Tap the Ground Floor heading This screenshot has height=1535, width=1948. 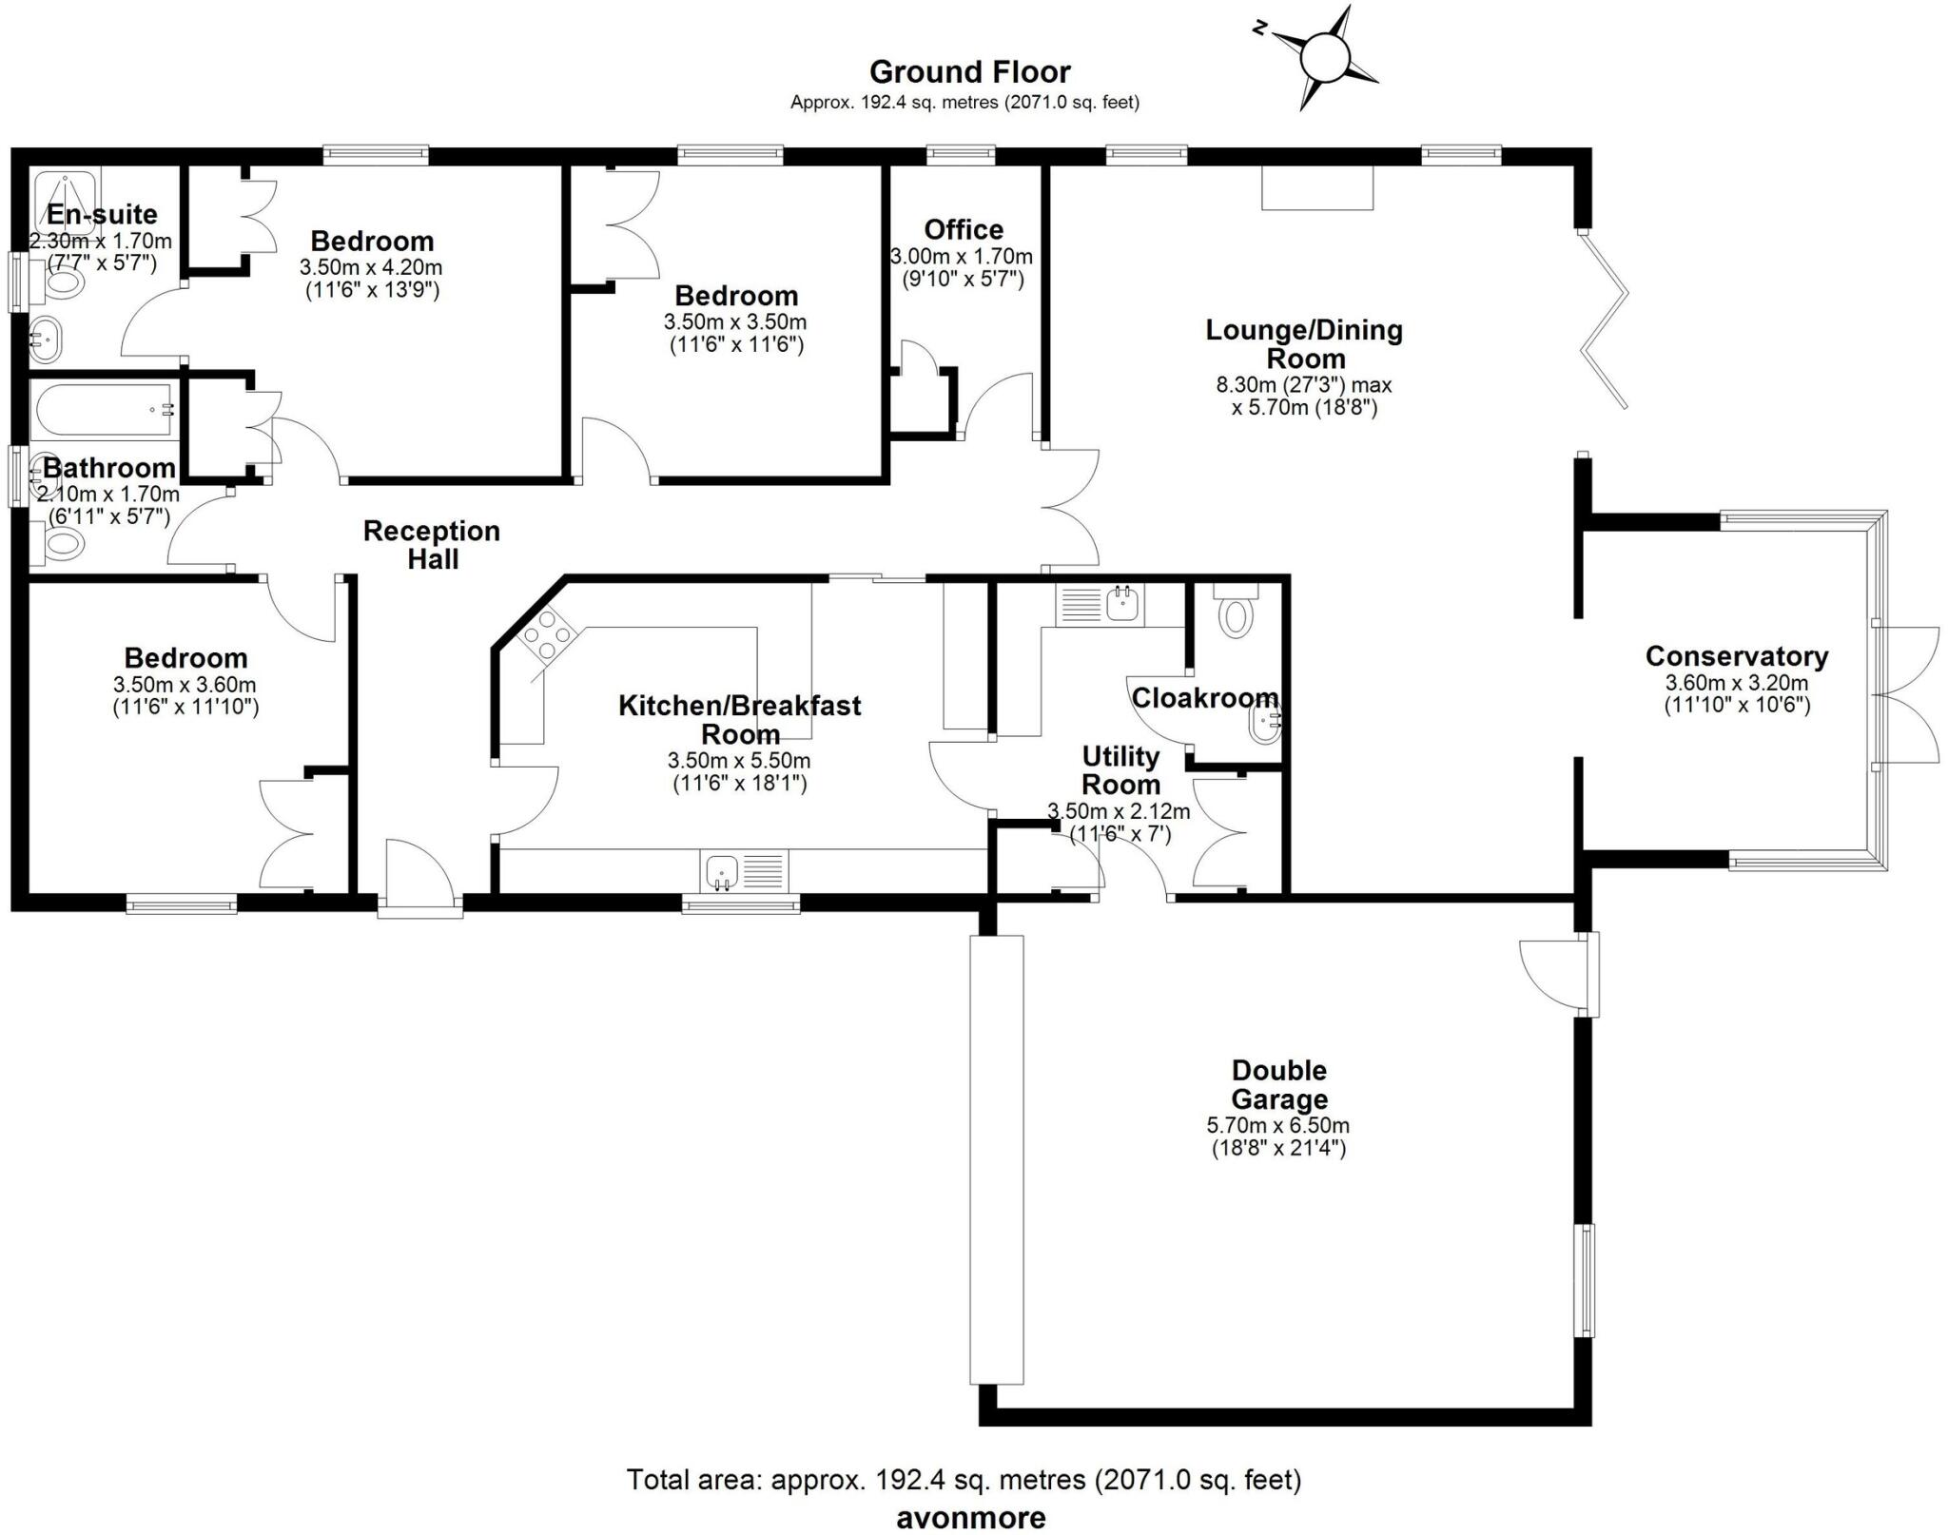tap(969, 72)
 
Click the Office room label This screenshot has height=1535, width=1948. tap(964, 229)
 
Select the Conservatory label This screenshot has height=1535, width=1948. tap(1736, 656)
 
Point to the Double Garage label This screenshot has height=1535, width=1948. tap(1278, 1084)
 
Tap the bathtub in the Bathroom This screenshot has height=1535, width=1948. tap(103, 411)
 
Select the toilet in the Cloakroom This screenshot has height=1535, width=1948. tap(1235, 612)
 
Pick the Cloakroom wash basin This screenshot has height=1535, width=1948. tap(1265, 725)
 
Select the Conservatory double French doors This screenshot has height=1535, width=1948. tap(1907, 694)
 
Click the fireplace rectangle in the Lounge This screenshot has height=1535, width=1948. tap(1317, 188)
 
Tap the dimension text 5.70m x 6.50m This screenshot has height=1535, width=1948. tap(1278, 1125)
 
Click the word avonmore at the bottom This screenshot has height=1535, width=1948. tap(970, 1518)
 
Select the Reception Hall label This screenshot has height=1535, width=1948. tap(432, 544)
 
